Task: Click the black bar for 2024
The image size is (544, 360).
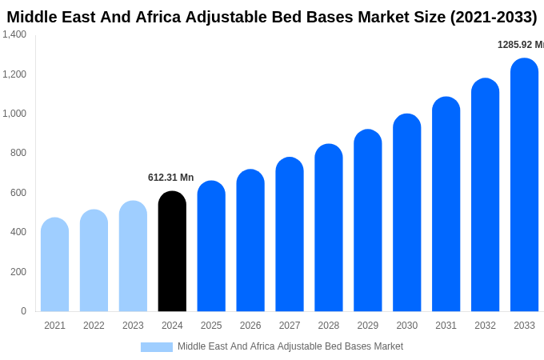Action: tap(172, 252)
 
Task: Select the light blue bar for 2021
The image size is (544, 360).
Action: tap(54, 265)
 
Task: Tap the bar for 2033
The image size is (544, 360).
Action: tap(524, 186)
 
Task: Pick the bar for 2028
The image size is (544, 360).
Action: tap(329, 228)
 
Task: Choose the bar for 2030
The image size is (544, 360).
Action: tap(406, 213)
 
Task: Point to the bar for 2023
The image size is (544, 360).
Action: tap(133, 256)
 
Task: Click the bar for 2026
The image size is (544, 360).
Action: tap(250, 241)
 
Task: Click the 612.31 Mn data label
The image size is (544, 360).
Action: tap(170, 178)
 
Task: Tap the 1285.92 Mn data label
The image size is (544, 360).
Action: tap(520, 45)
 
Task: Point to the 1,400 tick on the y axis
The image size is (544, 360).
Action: tap(14, 34)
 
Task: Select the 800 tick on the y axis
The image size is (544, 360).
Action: tap(18, 153)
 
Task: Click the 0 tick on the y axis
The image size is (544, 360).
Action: tap(23, 311)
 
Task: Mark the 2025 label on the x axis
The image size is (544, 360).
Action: tap(211, 326)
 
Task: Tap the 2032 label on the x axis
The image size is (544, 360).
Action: tap(485, 326)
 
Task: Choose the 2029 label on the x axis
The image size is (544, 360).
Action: tap(368, 326)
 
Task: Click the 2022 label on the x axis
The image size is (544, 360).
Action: tap(94, 326)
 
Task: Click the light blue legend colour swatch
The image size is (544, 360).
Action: tap(157, 347)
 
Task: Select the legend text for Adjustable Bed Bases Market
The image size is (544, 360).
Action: tap(290, 346)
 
